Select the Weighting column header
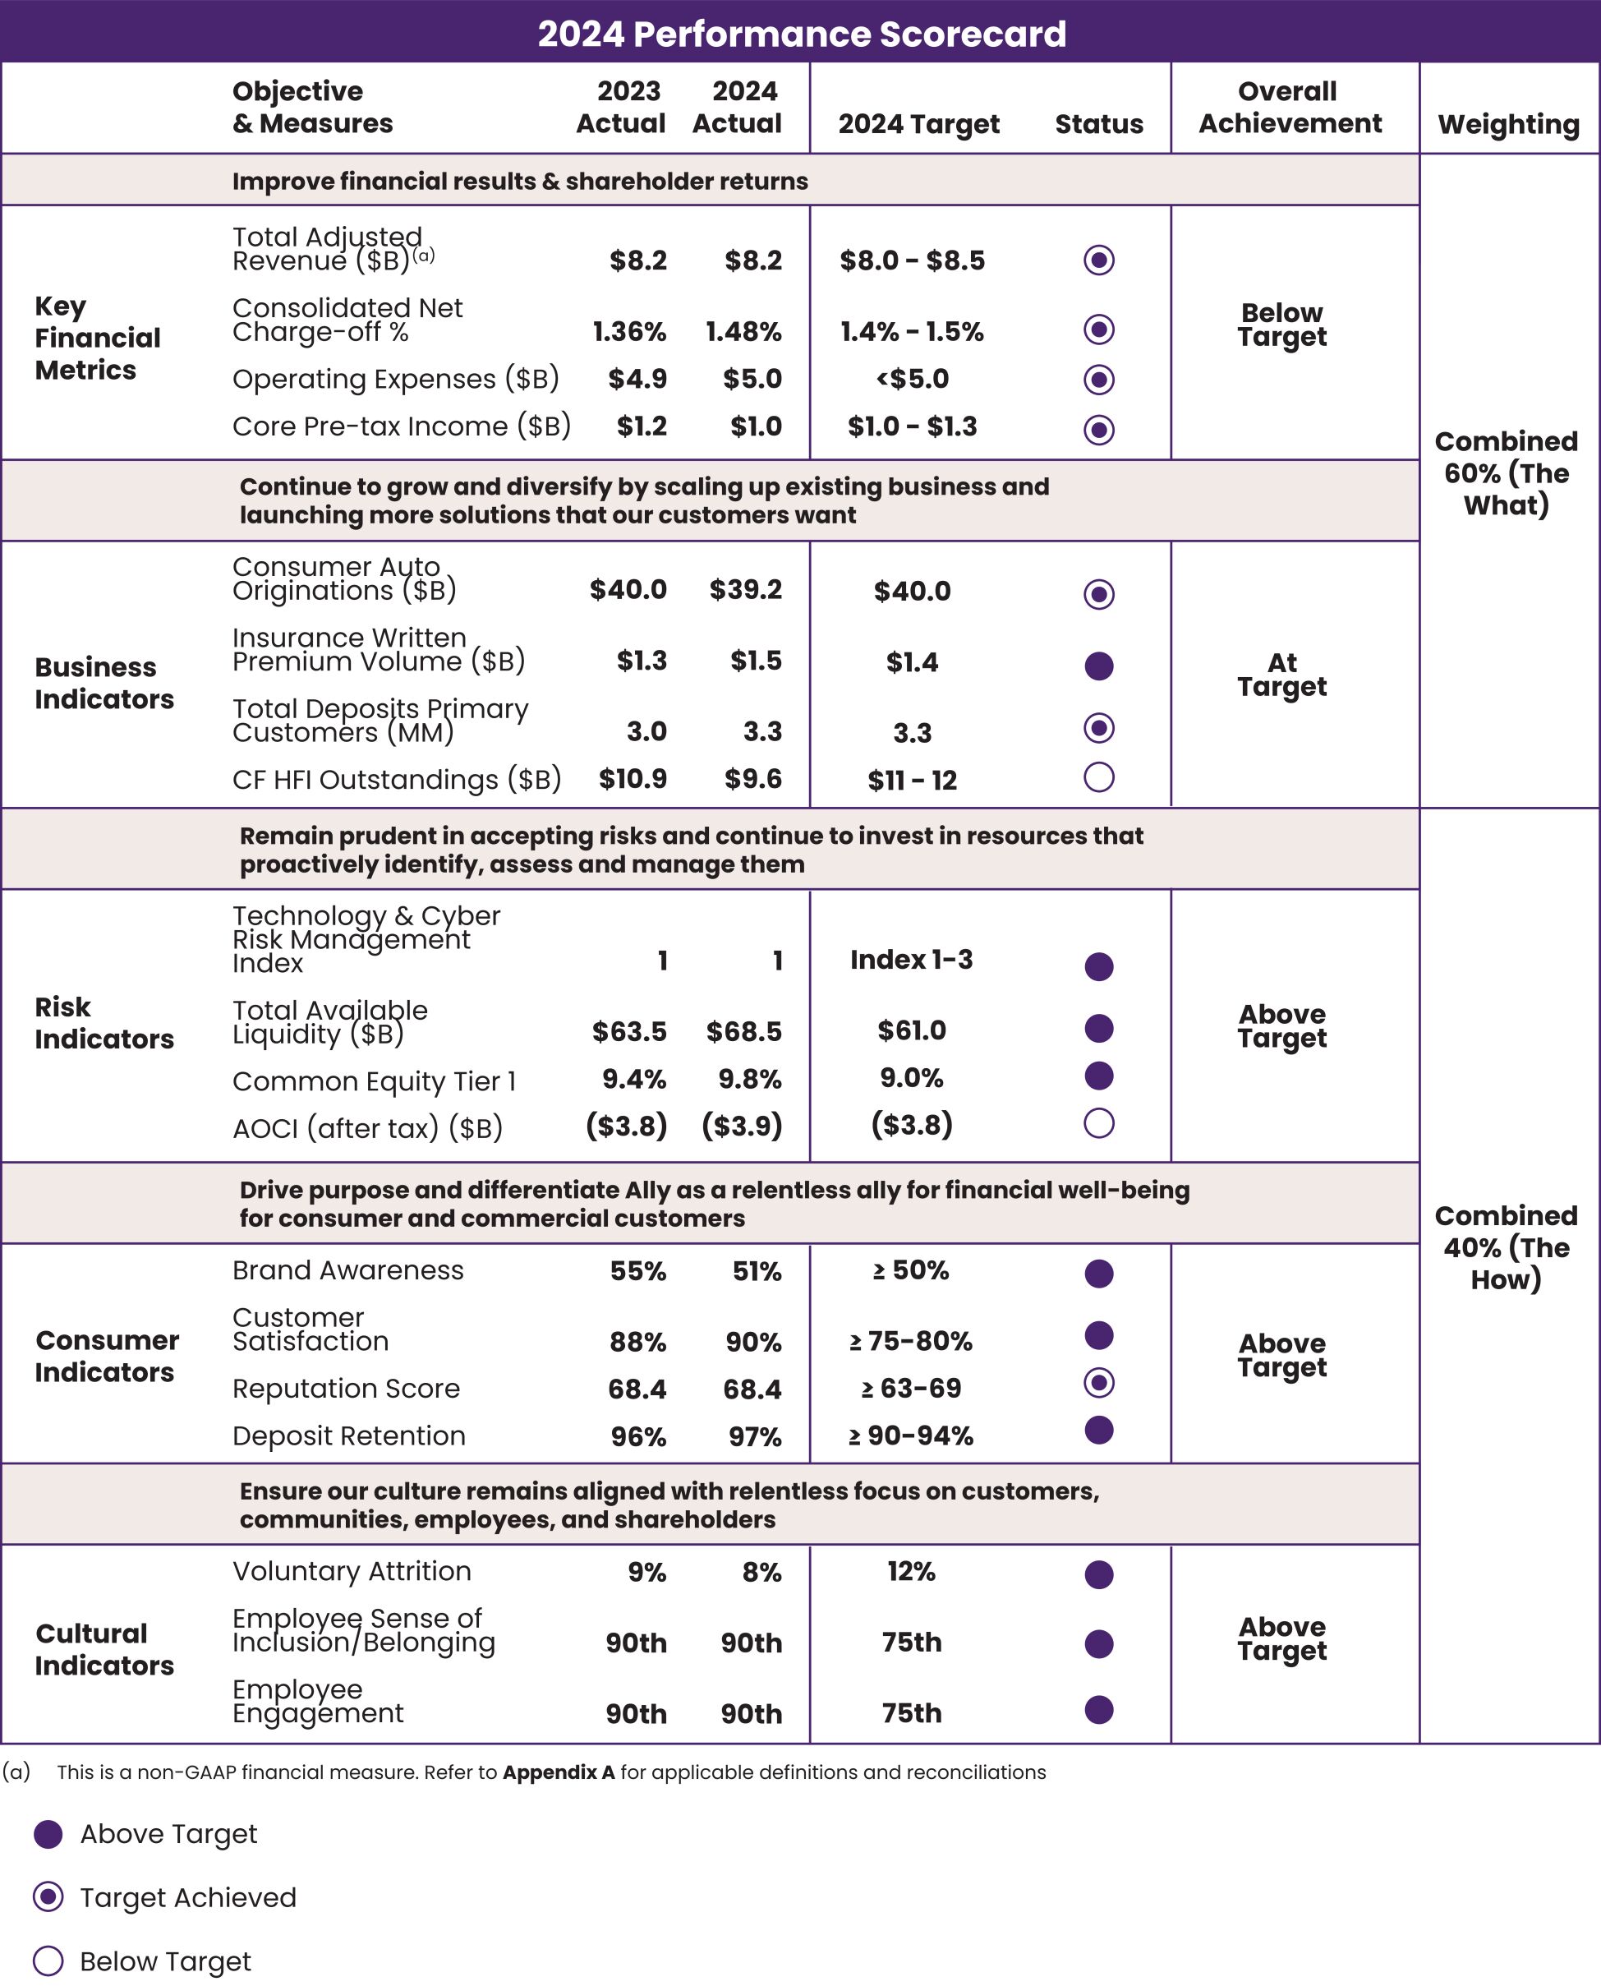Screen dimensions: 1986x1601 (x=1508, y=123)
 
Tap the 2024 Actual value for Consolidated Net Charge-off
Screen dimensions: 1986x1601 (x=743, y=331)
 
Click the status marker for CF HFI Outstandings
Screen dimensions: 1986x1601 (x=1098, y=777)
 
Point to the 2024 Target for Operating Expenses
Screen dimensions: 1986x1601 (x=912, y=379)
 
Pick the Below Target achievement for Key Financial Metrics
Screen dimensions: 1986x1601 (x=1282, y=325)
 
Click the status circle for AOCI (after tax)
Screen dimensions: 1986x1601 (x=1098, y=1123)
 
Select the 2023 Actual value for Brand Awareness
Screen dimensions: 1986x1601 (x=637, y=1271)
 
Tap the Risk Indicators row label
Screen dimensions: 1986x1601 (x=104, y=1023)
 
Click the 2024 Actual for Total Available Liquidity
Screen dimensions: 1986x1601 (x=743, y=1031)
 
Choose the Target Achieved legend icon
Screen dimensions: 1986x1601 (x=48, y=1897)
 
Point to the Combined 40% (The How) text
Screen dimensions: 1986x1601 (x=1506, y=1248)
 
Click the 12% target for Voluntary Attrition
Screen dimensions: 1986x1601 (x=911, y=1572)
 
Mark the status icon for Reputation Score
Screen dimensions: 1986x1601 (x=1098, y=1383)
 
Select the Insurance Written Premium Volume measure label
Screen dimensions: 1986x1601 (x=378, y=649)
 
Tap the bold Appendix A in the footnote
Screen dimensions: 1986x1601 (x=558, y=1772)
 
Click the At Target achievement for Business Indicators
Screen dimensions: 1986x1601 (x=1282, y=675)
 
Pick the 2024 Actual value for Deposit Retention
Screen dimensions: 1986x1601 (x=754, y=1436)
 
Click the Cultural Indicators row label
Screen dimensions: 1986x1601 (x=104, y=1649)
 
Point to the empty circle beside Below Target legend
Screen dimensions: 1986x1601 (x=48, y=1961)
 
